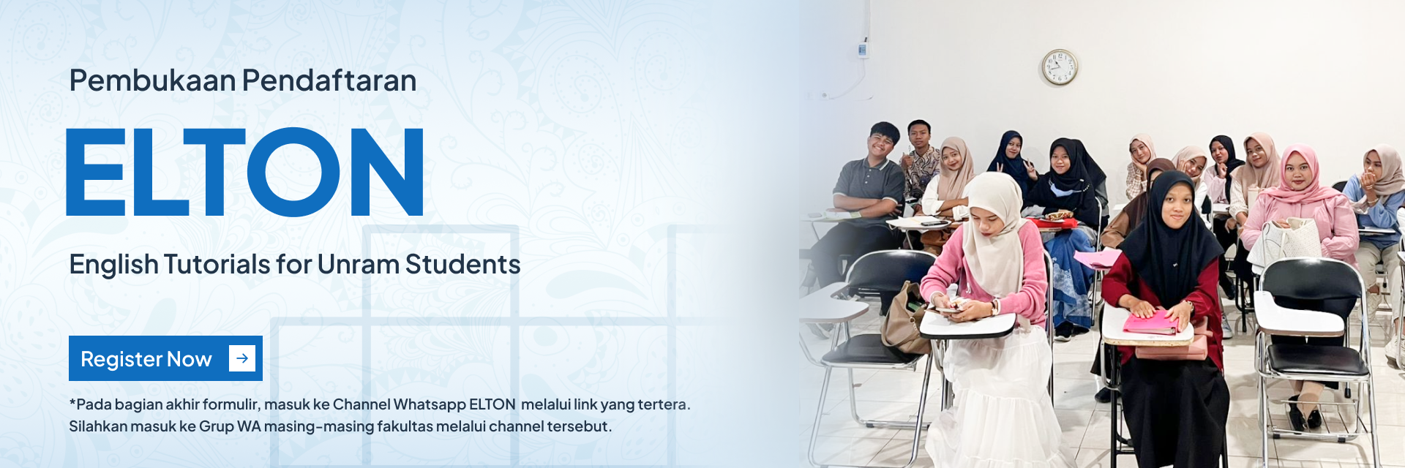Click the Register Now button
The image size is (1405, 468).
[x=165, y=358]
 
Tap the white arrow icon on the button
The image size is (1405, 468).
[x=242, y=358]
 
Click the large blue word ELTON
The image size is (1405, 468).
[x=245, y=172]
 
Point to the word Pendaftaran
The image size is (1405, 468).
[x=329, y=80]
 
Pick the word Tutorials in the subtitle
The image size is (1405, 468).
[x=217, y=264]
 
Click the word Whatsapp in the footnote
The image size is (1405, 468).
[x=429, y=404]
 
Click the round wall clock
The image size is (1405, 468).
[x=1059, y=67]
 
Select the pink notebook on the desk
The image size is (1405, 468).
[x=1151, y=322]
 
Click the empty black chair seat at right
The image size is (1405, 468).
[x=1316, y=359]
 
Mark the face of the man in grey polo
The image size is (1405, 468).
[x=883, y=144]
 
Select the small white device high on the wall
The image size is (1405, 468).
[x=863, y=49]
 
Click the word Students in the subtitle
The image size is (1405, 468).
[x=463, y=264]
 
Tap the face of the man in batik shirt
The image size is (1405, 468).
[x=920, y=137]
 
